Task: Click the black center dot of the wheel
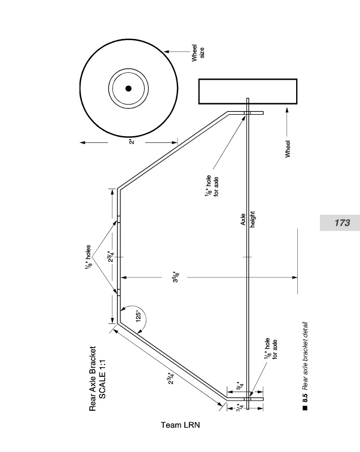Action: (x=128, y=89)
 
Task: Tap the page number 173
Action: (x=342, y=223)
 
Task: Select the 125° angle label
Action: (x=138, y=316)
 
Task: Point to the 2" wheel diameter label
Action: (x=132, y=142)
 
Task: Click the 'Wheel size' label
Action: (x=198, y=53)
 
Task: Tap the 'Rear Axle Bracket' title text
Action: (x=92, y=379)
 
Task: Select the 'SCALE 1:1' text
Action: (x=102, y=379)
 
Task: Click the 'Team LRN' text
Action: (x=180, y=425)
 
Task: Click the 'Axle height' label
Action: (x=248, y=219)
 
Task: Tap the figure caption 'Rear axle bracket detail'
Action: (x=305, y=356)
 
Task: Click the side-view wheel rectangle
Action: (x=248, y=92)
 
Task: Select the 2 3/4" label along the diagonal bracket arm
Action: (x=171, y=378)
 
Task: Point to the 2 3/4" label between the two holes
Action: (x=111, y=257)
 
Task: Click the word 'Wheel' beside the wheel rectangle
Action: (x=288, y=149)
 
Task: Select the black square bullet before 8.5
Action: (x=305, y=408)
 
